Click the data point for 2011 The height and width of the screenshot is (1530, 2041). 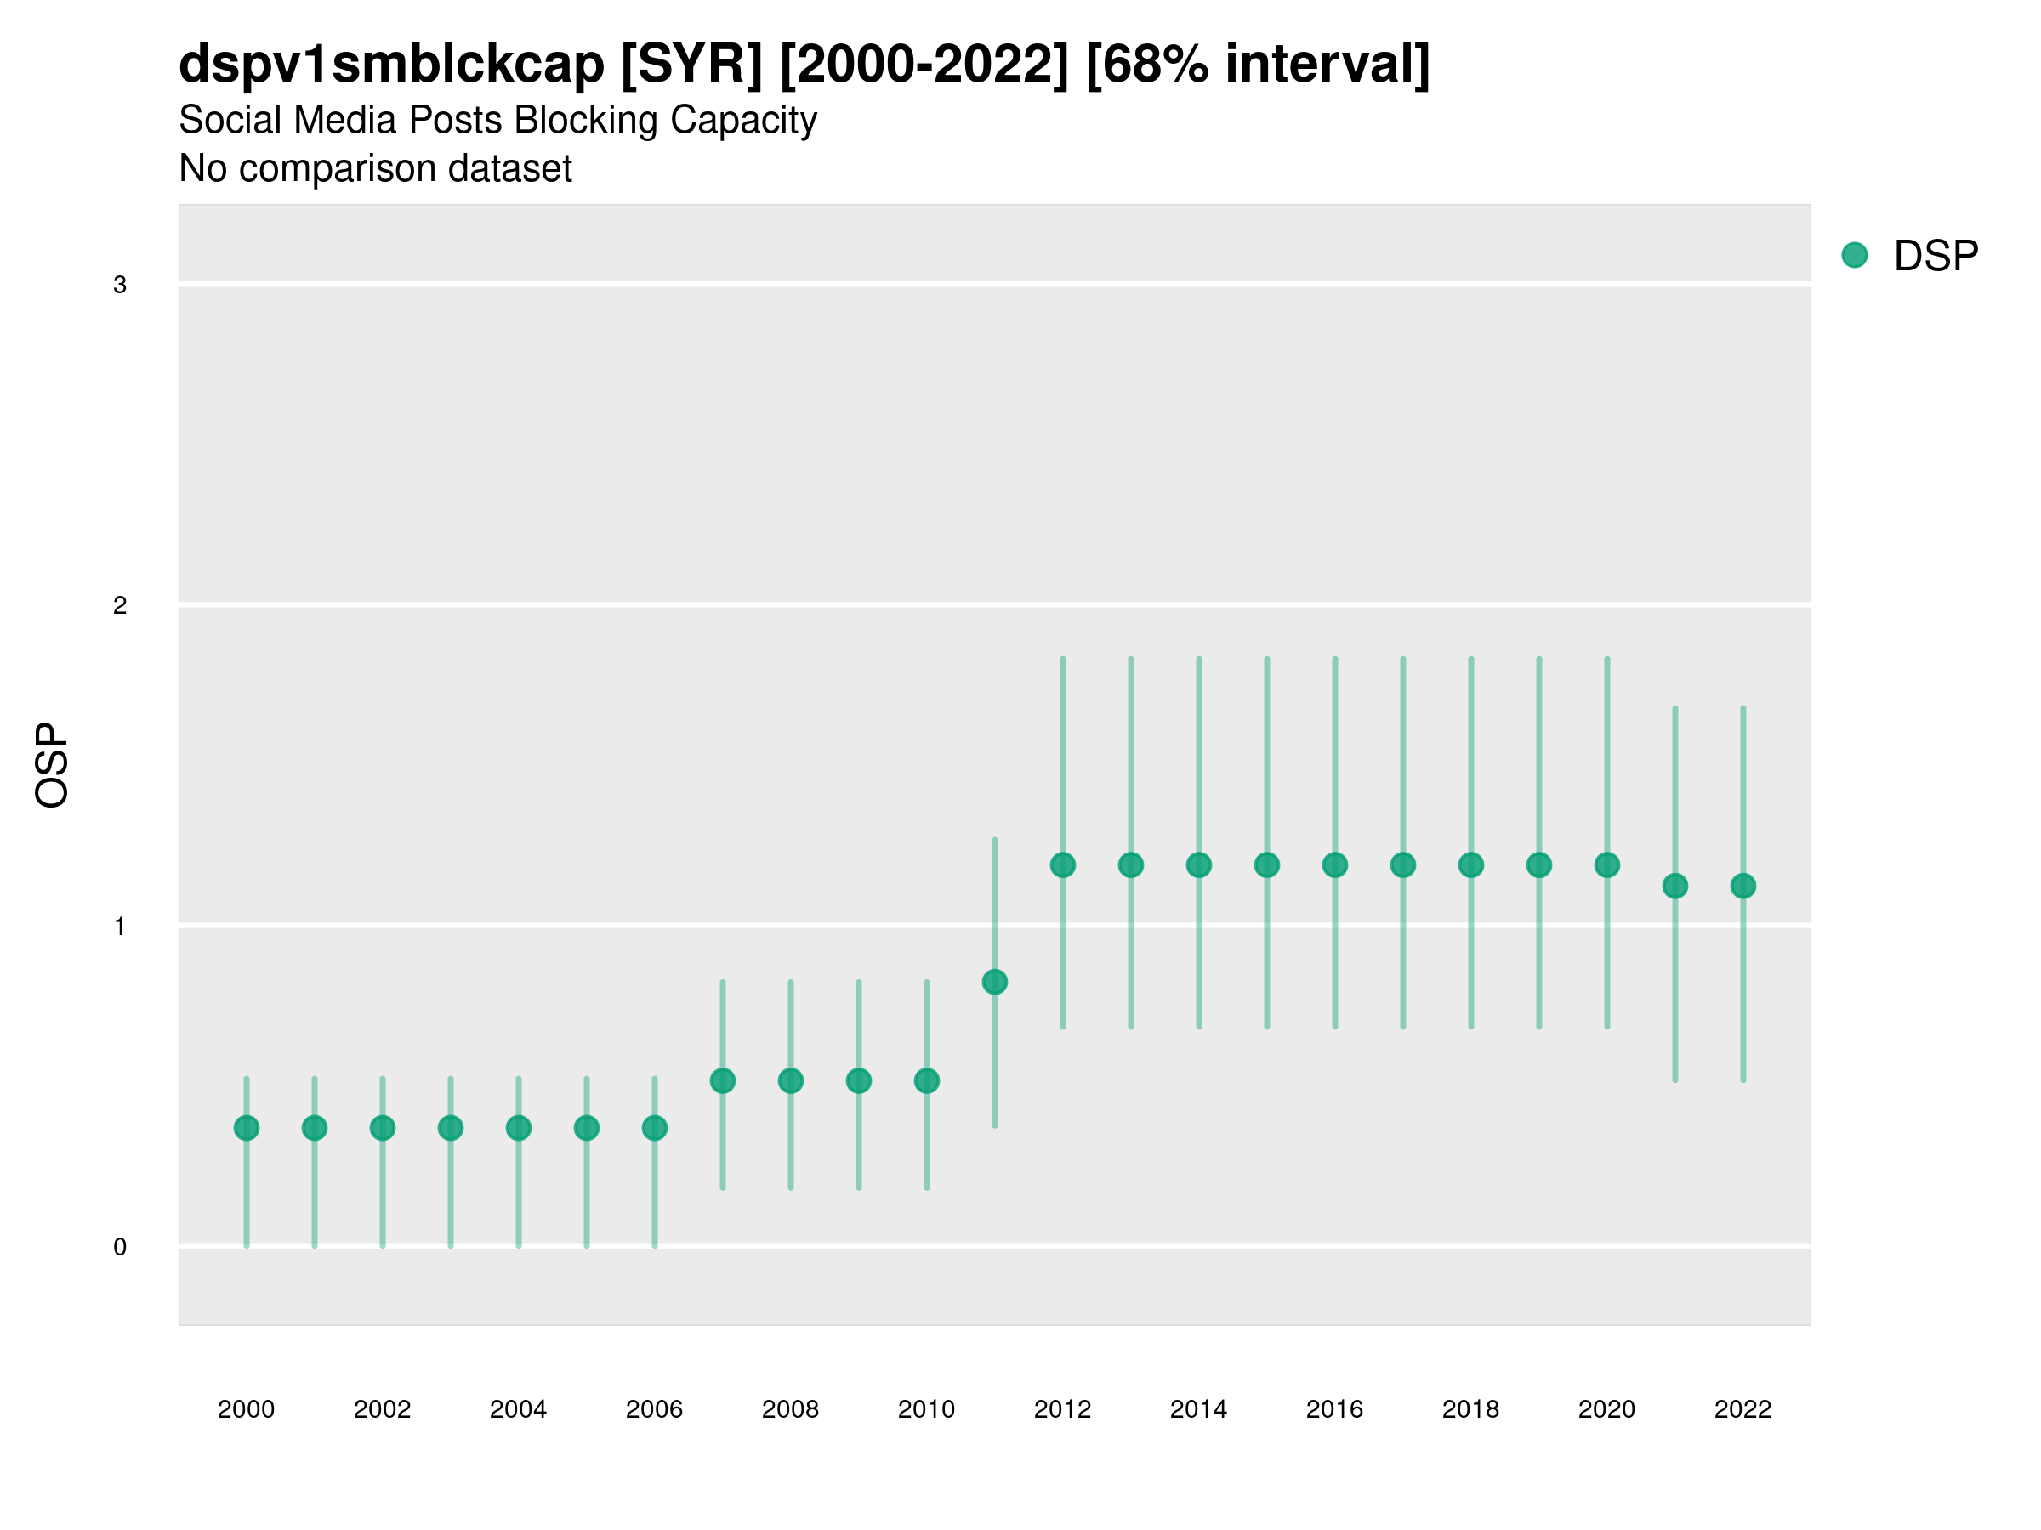pyautogui.click(x=995, y=983)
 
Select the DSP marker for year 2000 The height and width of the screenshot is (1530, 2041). pyautogui.click(x=247, y=1128)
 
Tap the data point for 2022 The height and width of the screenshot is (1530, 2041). pyautogui.click(x=1743, y=887)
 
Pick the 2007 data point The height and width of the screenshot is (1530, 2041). pyautogui.click(x=723, y=1081)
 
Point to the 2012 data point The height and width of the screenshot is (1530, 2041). pyautogui.click(x=1063, y=865)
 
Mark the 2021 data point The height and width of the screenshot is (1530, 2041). pyautogui.click(x=1674, y=887)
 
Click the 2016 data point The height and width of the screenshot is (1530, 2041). pyautogui.click(x=1335, y=865)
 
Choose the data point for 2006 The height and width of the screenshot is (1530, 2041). pyautogui.click(x=655, y=1128)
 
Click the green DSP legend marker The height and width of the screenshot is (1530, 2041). pyautogui.click(x=1854, y=256)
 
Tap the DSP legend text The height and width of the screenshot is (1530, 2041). pyautogui.click(x=1936, y=257)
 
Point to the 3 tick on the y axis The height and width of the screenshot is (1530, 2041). pyautogui.click(x=120, y=285)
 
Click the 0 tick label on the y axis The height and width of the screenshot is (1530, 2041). pyautogui.click(x=120, y=1247)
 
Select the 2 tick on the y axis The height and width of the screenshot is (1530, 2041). pyautogui.click(x=120, y=606)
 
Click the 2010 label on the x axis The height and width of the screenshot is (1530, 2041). pyautogui.click(x=926, y=1409)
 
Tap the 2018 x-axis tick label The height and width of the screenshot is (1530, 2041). pyautogui.click(x=1470, y=1409)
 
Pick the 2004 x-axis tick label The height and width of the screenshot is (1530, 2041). pyautogui.click(x=519, y=1409)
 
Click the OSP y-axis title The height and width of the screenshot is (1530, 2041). pyautogui.click(x=53, y=766)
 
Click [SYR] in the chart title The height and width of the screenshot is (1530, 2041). pyautogui.click(x=692, y=65)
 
